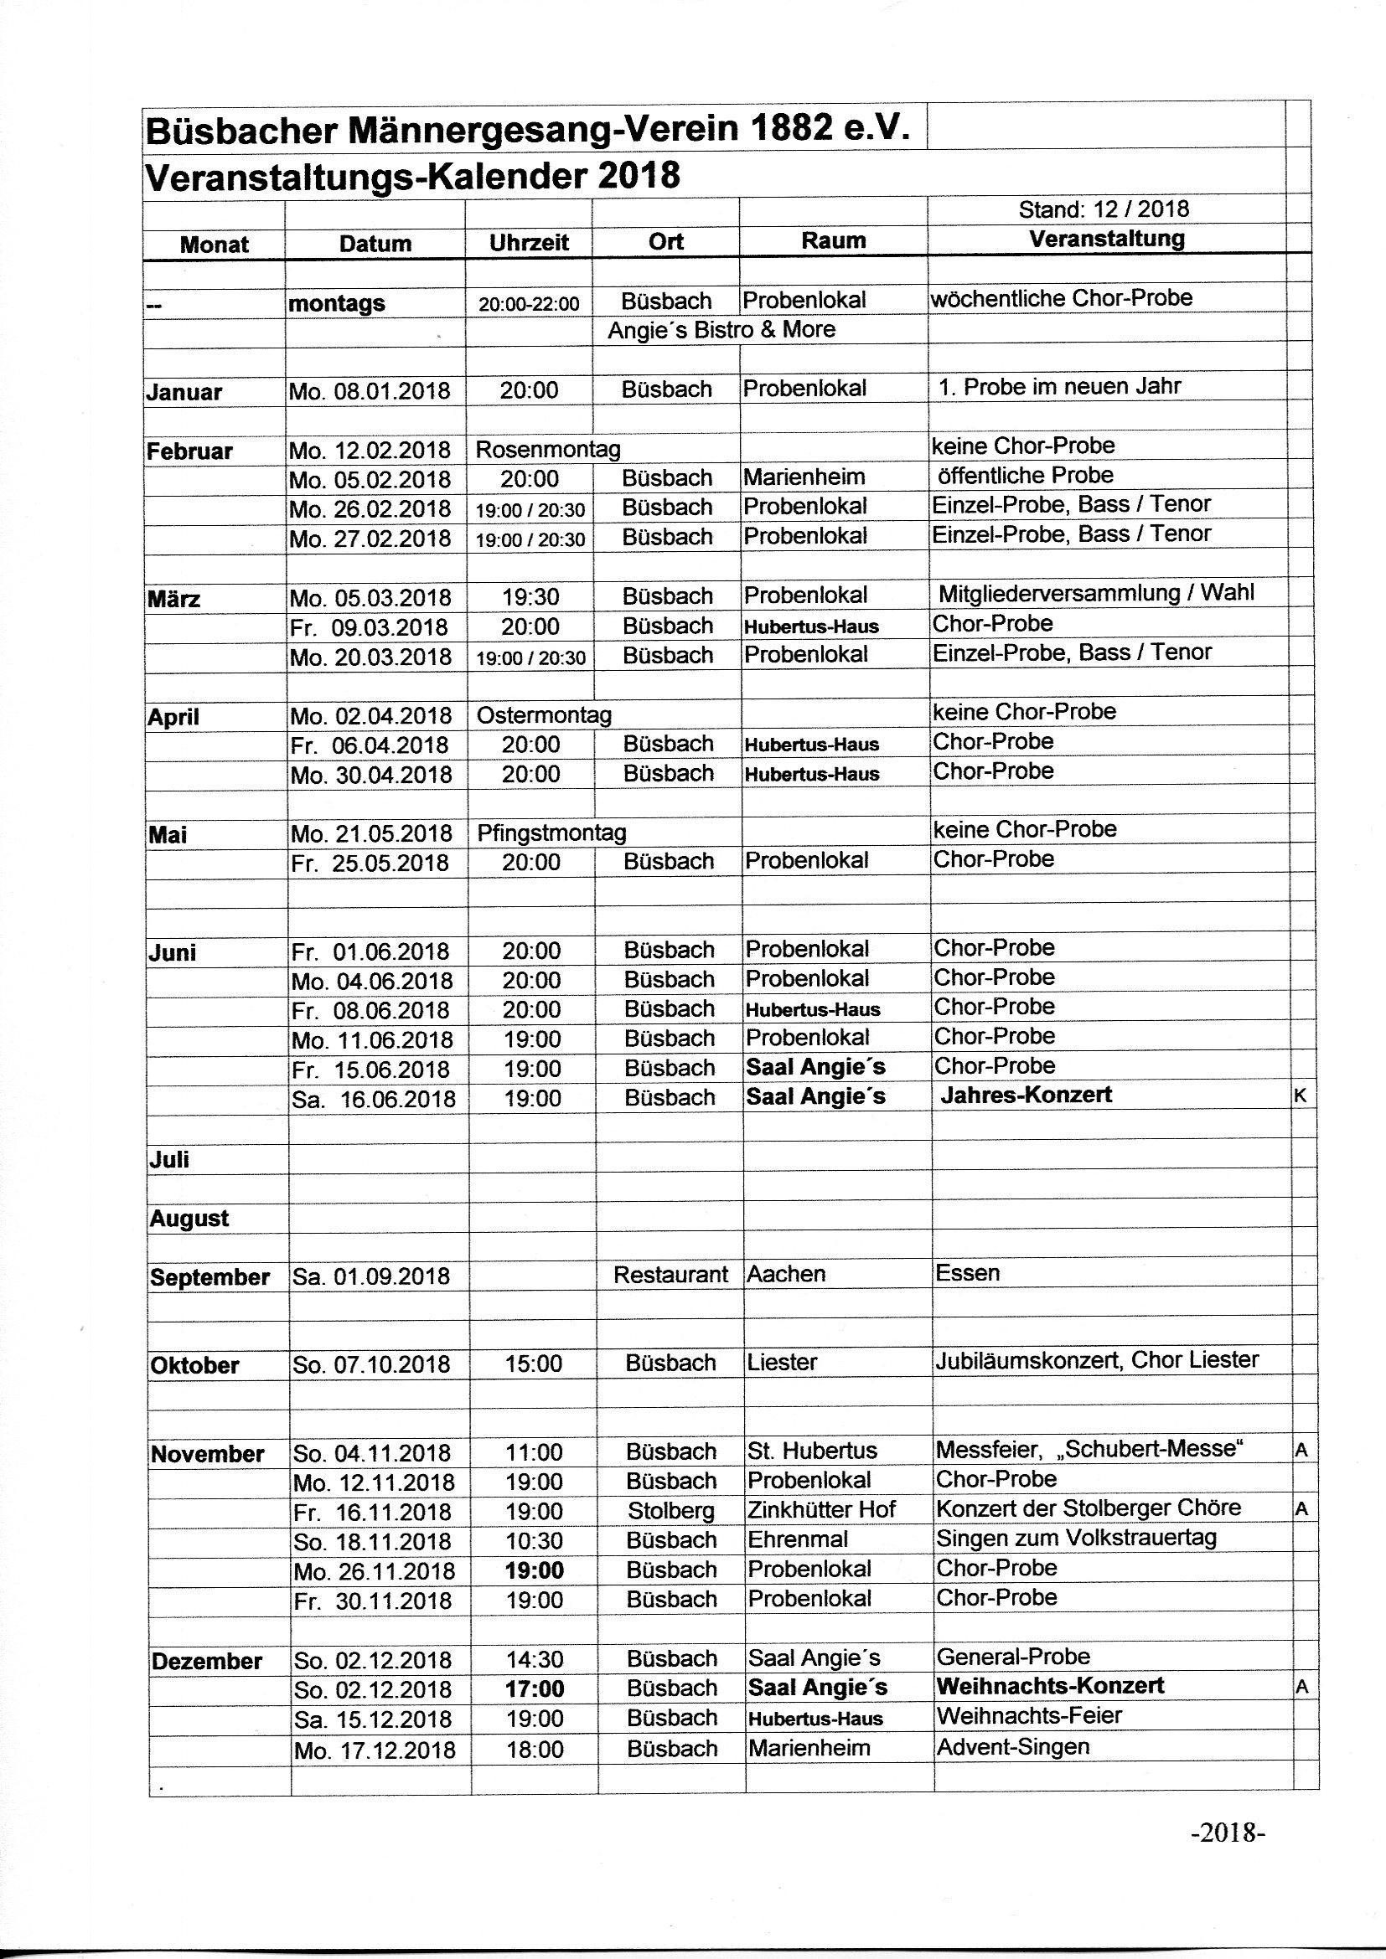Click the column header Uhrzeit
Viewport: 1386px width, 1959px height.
click(x=528, y=243)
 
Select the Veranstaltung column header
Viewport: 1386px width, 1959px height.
click(x=1106, y=239)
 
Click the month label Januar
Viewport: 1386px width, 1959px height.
click(x=184, y=393)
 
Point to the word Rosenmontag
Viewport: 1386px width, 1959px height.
click(x=548, y=450)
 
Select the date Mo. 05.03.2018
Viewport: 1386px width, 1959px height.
click(x=371, y=598)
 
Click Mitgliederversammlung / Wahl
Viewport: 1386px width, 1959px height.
click(x=1096, y=593)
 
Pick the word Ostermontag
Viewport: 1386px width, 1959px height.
click(x=544, y=715)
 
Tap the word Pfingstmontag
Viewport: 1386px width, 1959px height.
click(x=551, y=833)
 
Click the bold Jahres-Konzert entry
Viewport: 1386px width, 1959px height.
click(x=1026, y=1095)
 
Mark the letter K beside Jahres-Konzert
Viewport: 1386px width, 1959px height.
click(x=1300, y=1096)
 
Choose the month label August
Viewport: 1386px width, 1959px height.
click(x=189, y=1219)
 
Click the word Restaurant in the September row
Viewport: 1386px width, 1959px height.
click(x=671, y=1275)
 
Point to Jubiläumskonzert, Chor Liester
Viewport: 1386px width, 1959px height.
click(x=1097, y=1360)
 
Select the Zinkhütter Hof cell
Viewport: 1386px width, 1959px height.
click(x=821, y=1509)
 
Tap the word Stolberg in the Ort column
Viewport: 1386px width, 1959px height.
click(x=671, y=1511)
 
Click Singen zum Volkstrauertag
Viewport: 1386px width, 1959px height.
click(x=1076, y=1539)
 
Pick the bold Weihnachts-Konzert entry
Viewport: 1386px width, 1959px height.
click(x=1050, y=1686)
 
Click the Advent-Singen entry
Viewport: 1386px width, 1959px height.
click(x=1013, y=1746)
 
